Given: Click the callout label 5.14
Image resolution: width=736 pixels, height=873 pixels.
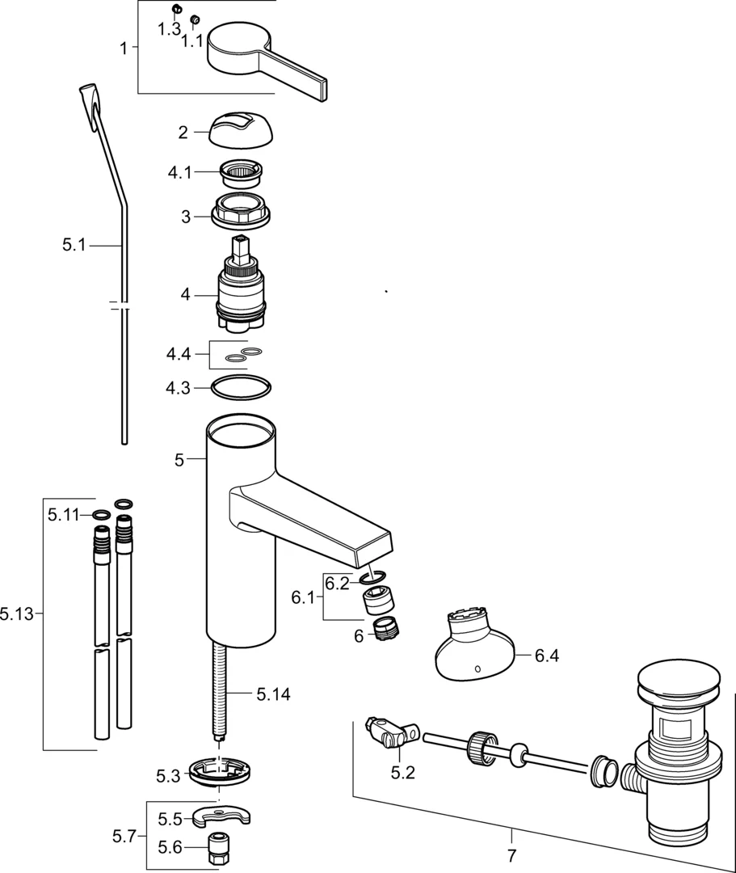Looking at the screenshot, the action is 273,694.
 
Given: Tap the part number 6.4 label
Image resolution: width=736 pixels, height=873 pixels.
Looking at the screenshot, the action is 547,656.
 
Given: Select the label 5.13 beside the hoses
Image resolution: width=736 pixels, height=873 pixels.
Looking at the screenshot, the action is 17,614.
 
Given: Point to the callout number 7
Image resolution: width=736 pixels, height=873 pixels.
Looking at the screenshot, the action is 511,854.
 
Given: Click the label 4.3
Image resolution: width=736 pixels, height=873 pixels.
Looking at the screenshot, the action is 178,387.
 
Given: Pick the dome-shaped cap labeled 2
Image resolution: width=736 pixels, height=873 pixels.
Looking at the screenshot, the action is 241,129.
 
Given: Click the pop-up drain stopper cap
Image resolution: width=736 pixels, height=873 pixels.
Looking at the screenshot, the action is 679,681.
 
